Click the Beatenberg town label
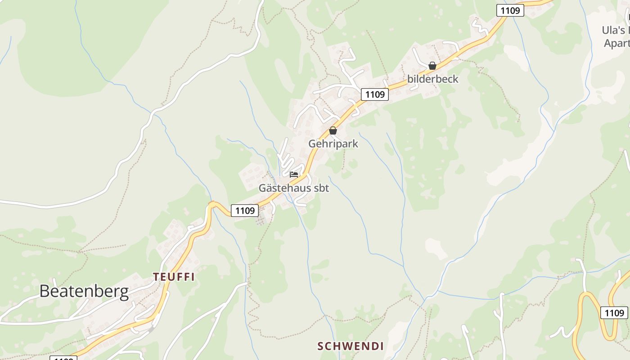click(84, 292)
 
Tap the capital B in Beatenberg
click(45, 291)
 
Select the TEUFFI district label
click(174, 277)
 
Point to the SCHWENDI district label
click(351, 346)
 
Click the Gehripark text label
click(333, 144)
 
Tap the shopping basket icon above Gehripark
click(333, 130)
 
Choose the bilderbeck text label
click(432, 79)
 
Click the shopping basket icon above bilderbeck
click(432, 66)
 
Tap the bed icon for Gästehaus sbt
click(294, 175)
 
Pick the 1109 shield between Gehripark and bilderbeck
click(375, 94)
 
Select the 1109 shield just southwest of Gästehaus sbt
click(245, 210)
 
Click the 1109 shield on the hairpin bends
click(614, 313)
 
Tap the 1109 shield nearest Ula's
click(510, 10)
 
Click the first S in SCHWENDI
click(321, 346)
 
